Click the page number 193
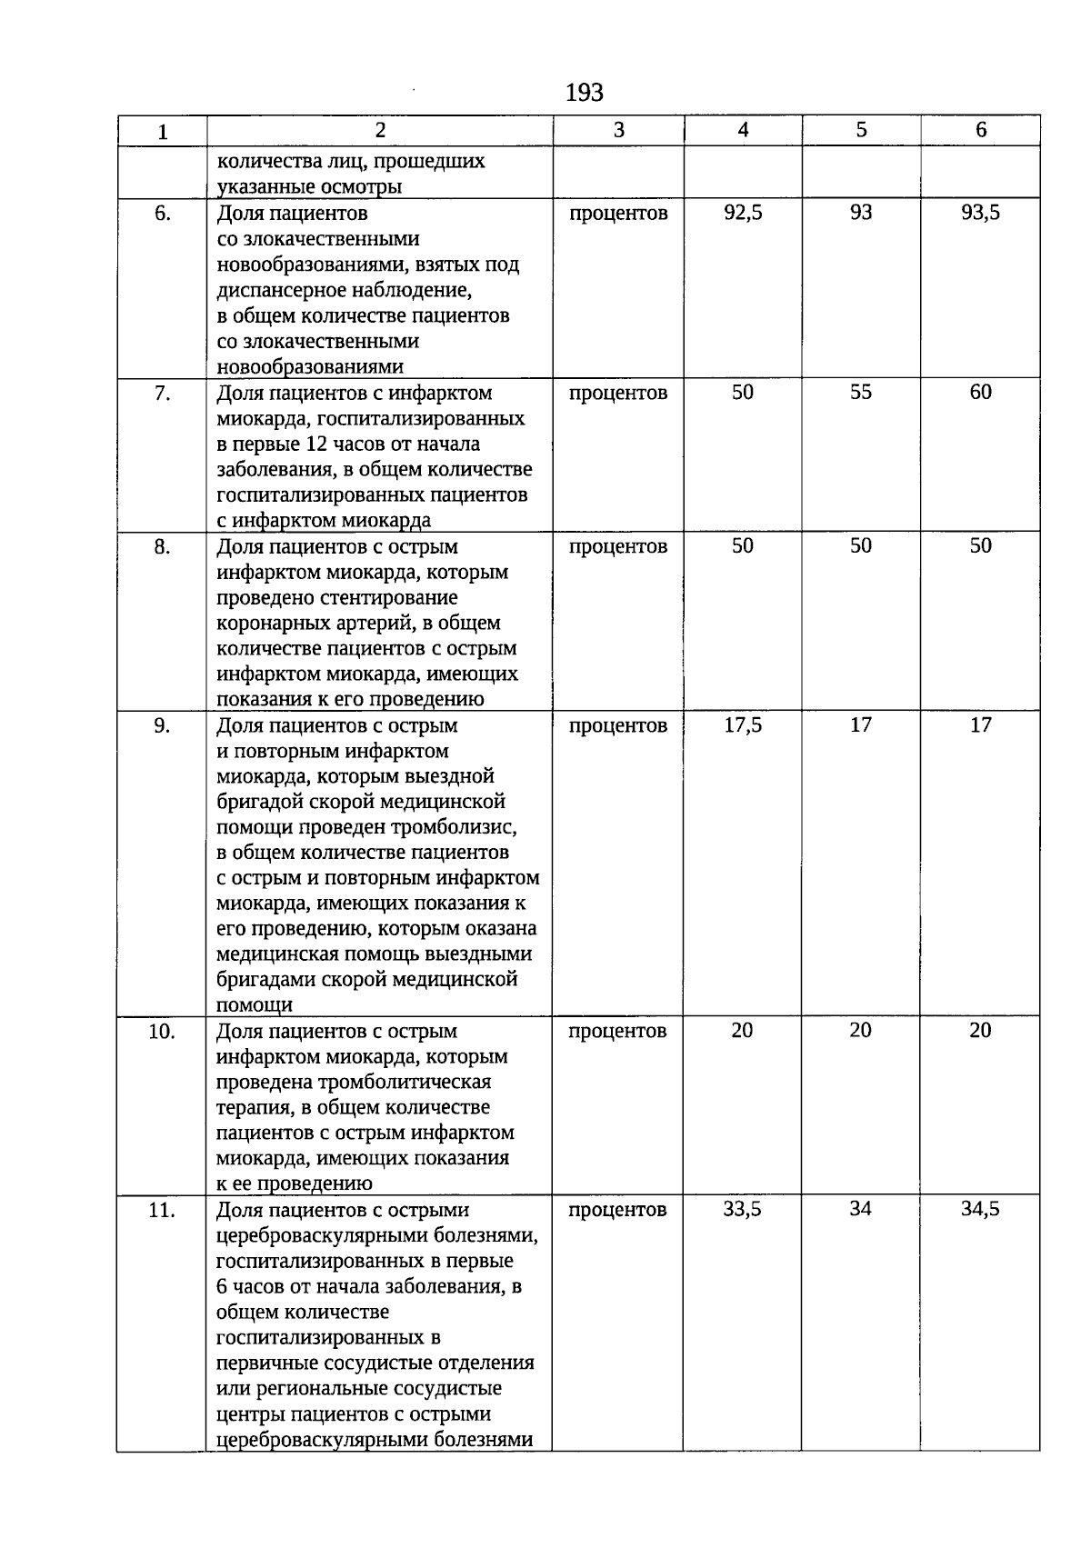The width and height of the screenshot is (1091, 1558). tap(584, 93)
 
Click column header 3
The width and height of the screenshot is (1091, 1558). tap(618, 130)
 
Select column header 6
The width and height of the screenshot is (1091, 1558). tap(980, 130)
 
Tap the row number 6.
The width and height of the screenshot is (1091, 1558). tap(162, 215)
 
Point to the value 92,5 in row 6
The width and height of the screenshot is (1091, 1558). tap(743, 213)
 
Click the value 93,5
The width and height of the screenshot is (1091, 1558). tap(980, 213)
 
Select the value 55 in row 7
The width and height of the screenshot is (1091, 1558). tap(860, 392)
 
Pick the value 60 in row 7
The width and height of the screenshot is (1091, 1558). tap(980, 392)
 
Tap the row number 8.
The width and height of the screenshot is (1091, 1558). tap(162, 547)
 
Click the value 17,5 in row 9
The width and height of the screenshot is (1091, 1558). tap(743, 725)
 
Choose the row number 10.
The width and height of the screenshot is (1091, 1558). tap(162, 1032)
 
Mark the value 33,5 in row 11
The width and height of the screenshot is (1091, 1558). tap(742, 1209)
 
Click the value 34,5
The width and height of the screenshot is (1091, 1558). tap(980, 1209)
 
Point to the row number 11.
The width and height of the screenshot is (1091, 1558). tap(162, 1211)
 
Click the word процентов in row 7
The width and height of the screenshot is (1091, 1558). tap(618, 394)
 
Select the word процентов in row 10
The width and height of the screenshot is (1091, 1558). tap(618, 1032)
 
